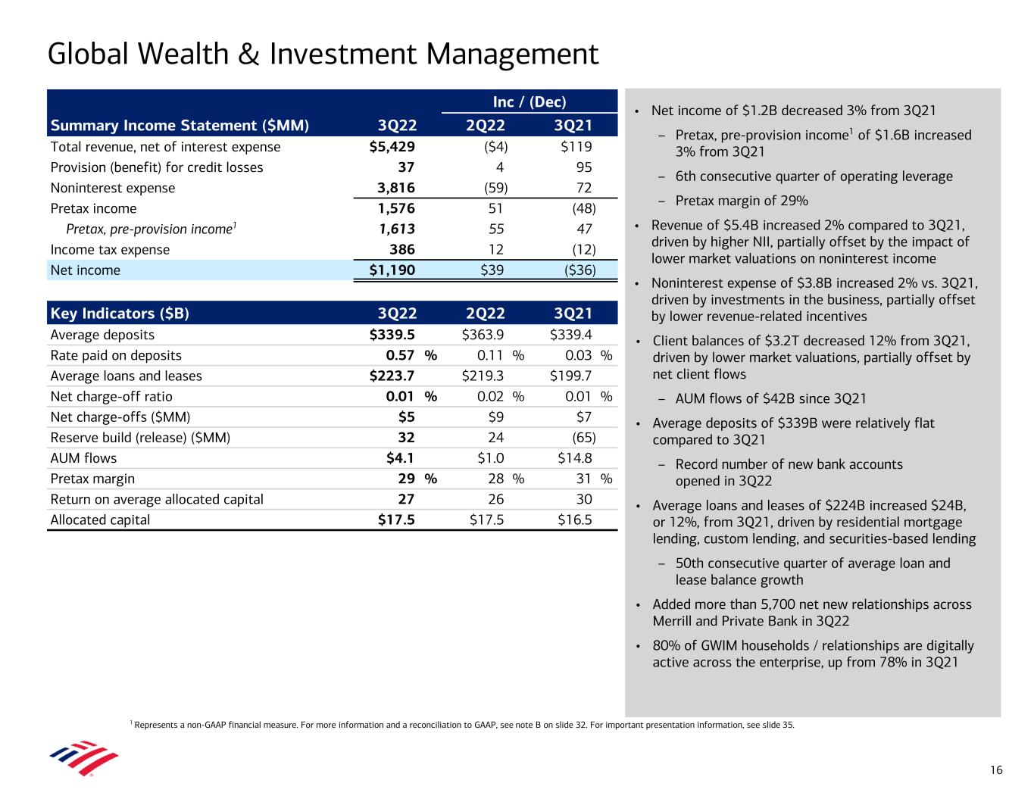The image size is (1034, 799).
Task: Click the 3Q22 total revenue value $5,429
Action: click(x=392, y=146)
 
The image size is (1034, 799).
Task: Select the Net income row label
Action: click(x=85, y=270)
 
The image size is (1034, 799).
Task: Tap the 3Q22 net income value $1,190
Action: click(x=392, y=270)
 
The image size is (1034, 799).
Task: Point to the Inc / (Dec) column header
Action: click(x=529, y=101)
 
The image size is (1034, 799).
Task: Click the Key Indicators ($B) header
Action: click(x=120, y=313)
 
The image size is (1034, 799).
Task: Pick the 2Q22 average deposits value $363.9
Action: click(x=483, y=335)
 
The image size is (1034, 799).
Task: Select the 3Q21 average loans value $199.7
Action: click(x=571, y=376)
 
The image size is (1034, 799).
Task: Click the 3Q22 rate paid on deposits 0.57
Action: click(x=400, y=355)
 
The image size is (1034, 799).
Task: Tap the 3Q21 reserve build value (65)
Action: click(x=584, y=438)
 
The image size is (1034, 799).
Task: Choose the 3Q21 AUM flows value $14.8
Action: click(x=575, y=458)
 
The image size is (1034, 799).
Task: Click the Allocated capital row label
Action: click(x=100, y=520)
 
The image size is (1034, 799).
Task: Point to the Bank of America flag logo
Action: click(x=84, y=757)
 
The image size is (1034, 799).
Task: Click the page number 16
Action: click(x=996, y=770)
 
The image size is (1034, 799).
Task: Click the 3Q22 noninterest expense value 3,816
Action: click(x=396, y=188)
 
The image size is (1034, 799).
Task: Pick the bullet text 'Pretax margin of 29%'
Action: click(x=742, y=201)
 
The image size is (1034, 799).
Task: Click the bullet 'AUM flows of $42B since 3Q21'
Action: click(x=771, y=398)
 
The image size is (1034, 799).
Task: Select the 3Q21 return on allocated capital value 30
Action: click(x=584, y=499)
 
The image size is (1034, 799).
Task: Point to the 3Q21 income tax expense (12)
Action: click(x=584, y=250)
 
